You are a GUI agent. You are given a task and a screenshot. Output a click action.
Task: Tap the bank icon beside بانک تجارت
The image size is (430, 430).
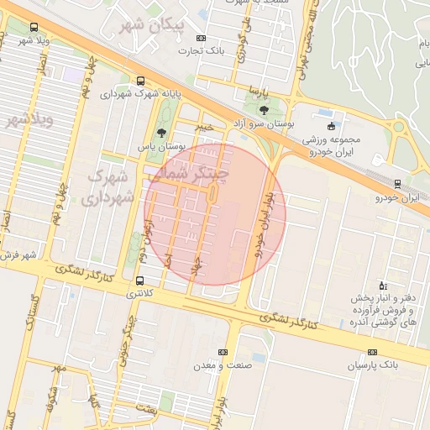[x=200, y=39]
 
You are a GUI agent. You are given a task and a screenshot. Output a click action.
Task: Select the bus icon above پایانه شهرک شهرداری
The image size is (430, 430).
[x=139, y=81]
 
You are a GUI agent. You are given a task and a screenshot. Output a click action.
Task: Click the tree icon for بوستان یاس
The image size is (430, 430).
[x=161, y=133]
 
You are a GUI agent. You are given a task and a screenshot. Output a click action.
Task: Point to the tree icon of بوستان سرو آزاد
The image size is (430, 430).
[x=264, y=110]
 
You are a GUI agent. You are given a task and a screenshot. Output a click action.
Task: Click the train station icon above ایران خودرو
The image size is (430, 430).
[x=397, y=184]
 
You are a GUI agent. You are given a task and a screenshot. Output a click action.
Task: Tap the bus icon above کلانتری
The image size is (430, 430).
[x=139, y=281]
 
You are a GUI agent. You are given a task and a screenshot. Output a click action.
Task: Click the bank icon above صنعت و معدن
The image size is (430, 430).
[x=223, y=352]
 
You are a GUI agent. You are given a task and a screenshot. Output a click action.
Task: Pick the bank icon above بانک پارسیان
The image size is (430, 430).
[x=372, y=353]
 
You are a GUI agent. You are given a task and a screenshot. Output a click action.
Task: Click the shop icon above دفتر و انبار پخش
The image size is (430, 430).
[x=383, y=285]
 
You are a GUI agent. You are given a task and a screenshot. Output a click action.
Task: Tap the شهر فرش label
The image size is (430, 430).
[x=18, y=254]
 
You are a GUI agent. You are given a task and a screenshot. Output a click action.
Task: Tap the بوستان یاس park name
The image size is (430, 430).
[x=162, y=146]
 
